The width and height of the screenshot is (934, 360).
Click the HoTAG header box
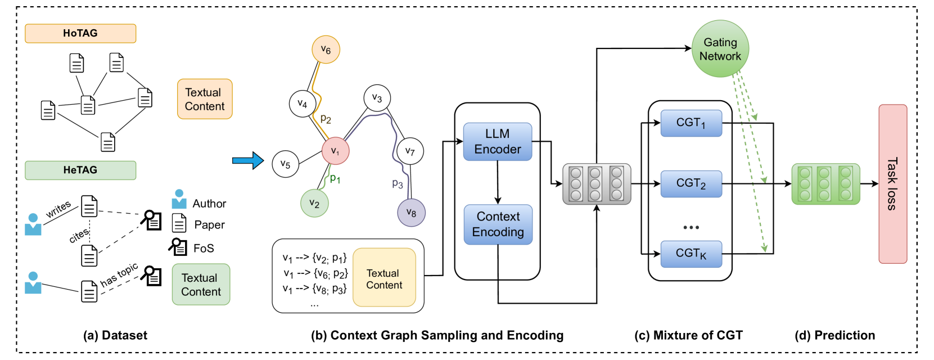[x=80, y=33]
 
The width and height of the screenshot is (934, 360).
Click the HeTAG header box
[x=80, y=170]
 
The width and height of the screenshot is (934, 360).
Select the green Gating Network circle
[x=720, y=49]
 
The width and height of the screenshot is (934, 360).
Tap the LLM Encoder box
[x=498, y=142]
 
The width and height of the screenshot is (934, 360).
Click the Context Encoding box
[x=498, y=224]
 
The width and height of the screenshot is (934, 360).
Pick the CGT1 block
[x=691, y=123]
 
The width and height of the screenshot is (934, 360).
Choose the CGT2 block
[x=691, y=184]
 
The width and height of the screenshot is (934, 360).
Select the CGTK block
[x=691, y=254]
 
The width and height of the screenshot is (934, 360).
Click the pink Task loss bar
[x=892, y=184]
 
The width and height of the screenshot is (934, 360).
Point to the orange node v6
[x=326, y=49]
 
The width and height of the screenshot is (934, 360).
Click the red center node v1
[x=335, y=151]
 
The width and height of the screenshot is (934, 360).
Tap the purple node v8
[x=411, y=213]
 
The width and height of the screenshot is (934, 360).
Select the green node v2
[x=314, y=204]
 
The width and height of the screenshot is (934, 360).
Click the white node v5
[x=285, y=164]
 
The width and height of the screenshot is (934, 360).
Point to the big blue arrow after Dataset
[x=247, y=161]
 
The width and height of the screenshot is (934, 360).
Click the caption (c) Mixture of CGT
[x=688, y=335]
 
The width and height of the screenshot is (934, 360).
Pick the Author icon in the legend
[x=179, y=199]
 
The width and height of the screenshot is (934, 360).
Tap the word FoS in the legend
[x=204, y=248]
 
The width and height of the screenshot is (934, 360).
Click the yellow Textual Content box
[x=384, y=279]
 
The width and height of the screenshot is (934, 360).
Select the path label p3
[x=398, y=184]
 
